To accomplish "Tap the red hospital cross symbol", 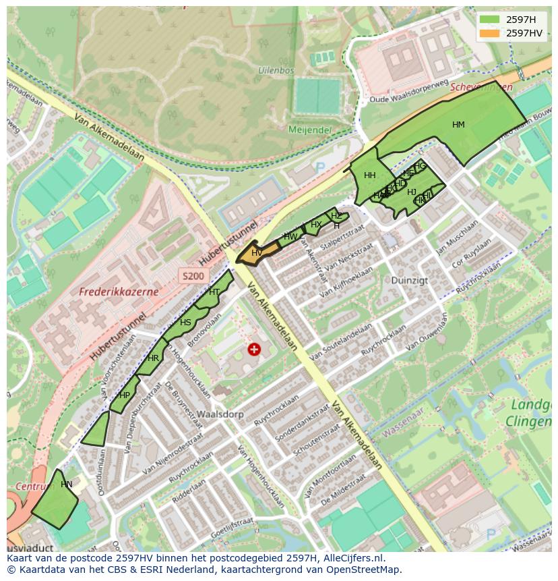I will pyautogui.click(x=254, y=349).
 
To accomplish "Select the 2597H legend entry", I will pyautogui.click(x=520, y=20).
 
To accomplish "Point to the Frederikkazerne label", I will pyautogui.click(x=119, y=292).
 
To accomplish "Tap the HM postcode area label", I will pyautogui.click(x=458, y=125).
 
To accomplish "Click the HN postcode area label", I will pyautogui.click(x=66, y=485).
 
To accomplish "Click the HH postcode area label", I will pyautogui.click(x=369, y=175).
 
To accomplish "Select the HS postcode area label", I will pyautogui.click(x=185, y=323).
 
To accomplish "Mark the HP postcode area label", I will pyautogui.click(x=125, y=395).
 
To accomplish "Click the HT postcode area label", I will pyautogui.click(x=214, y=292).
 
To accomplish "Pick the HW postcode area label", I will pyautogui.click(x=290, y=237).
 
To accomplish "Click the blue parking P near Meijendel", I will pyautogui.click(x=320, y=167).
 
